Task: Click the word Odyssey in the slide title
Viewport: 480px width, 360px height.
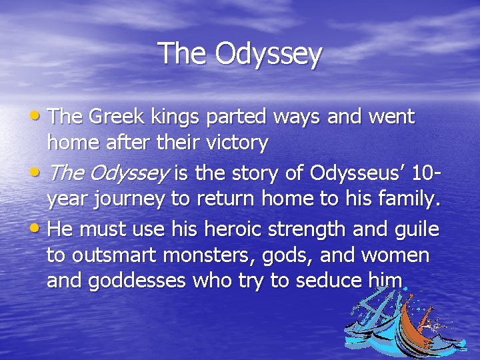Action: (269, 55)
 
